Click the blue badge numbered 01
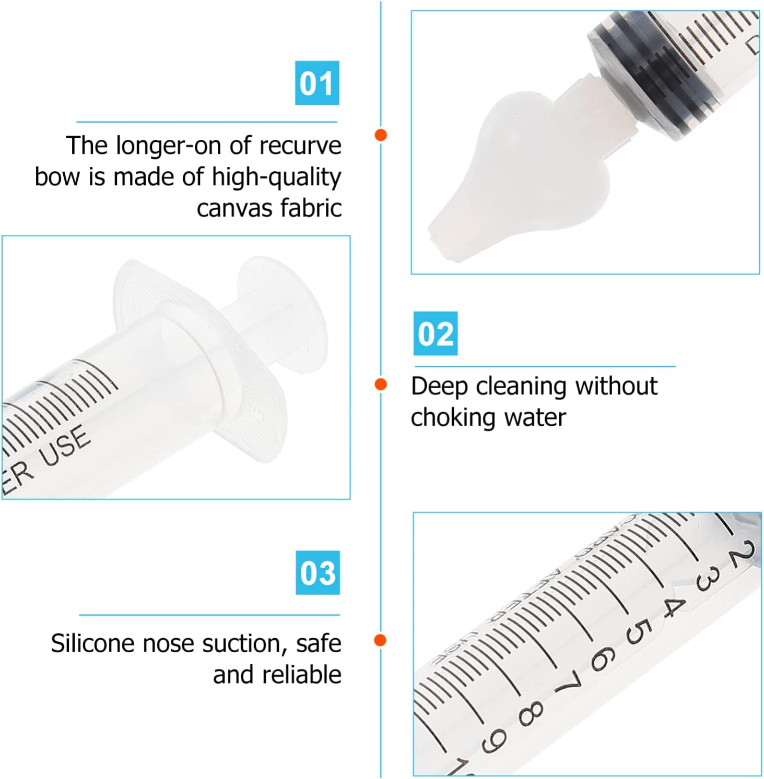click(x=317, y=83)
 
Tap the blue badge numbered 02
click(x=436, y=334)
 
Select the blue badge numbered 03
click(x=318, y=573)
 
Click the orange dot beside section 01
click(x=381, y=135)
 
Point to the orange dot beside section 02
click(x=381, y=385)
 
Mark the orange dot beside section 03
click(x=381, y=640)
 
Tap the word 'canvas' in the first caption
click(x=234, y=208)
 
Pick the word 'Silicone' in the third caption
click(x=92, y=643)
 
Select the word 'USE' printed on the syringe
click(x=66, y=446)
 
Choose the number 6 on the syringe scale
click(x=602, y=658)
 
